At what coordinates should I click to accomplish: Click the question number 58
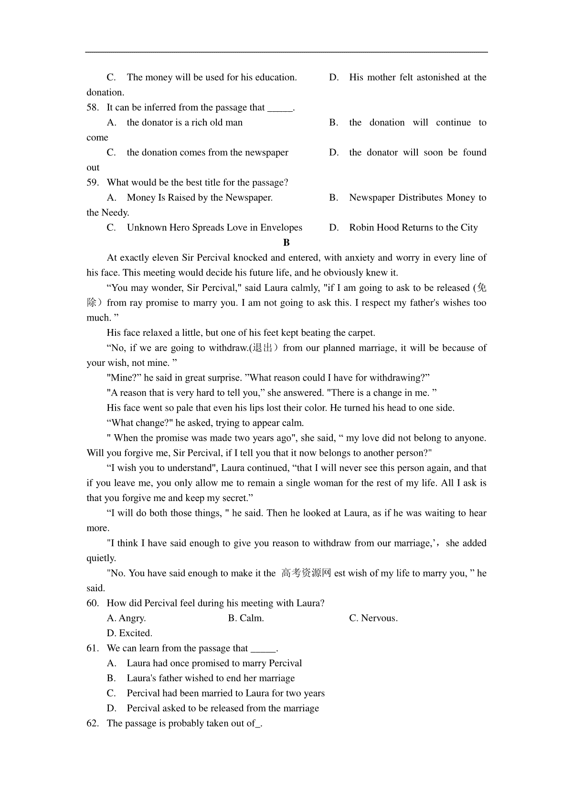pos(92,107)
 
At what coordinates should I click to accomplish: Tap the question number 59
pos(92,182)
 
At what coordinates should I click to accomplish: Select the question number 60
pos(92,603)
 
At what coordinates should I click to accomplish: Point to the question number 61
pos(92,648)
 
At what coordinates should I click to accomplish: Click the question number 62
pos(92,723)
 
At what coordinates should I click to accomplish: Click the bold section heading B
pos(286,243)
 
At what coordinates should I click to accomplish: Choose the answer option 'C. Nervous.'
pos(373,618)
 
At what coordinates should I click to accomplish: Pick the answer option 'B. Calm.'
pos(246,618)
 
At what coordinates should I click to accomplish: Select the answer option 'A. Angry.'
pos(126,618)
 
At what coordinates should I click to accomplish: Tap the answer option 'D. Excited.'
pos(129,633)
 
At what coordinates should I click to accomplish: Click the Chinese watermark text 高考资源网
pos(306,573)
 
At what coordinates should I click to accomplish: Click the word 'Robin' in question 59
pos(361,228)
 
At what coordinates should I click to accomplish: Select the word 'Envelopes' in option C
pos(281,228)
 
